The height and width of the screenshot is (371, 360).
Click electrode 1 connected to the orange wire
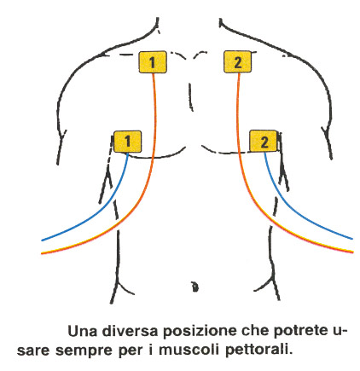[153, 62]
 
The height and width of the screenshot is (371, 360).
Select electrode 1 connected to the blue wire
[127, 142]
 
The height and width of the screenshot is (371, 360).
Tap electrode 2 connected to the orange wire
[237, 61]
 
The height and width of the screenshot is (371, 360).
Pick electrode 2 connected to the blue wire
[264, 141]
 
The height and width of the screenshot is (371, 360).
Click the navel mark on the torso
[195, 287]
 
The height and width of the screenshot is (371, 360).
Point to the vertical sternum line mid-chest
[191, 96]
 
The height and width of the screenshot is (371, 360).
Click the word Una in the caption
[82, 331]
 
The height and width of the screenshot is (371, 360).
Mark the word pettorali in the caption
[258, 351]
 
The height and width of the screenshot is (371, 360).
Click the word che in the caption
[255, 331]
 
